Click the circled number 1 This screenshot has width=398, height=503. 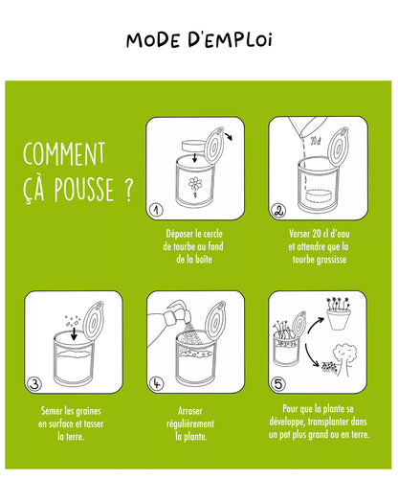pos(157,210)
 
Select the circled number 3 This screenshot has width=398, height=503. pos(35,384)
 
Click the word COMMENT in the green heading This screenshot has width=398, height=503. pos(63,154)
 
